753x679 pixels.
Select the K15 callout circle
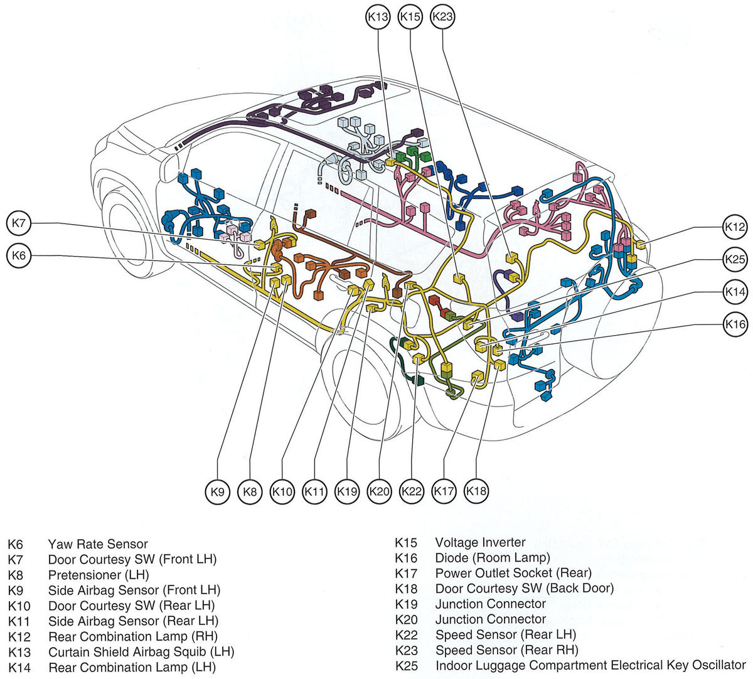410,17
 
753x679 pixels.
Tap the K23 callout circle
443,17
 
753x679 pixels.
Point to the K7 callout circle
19,223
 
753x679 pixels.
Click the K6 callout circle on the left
19,255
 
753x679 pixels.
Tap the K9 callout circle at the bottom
217,491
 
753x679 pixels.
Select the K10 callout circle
282,491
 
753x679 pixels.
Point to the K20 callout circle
379,491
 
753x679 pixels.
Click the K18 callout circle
476,491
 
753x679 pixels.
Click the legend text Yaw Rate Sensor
98,544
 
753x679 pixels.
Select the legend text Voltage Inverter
480,542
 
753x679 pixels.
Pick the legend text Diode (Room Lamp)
492,557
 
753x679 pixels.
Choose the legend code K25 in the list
406,665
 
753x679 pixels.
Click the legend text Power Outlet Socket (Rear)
513,573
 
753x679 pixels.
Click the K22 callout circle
412,491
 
